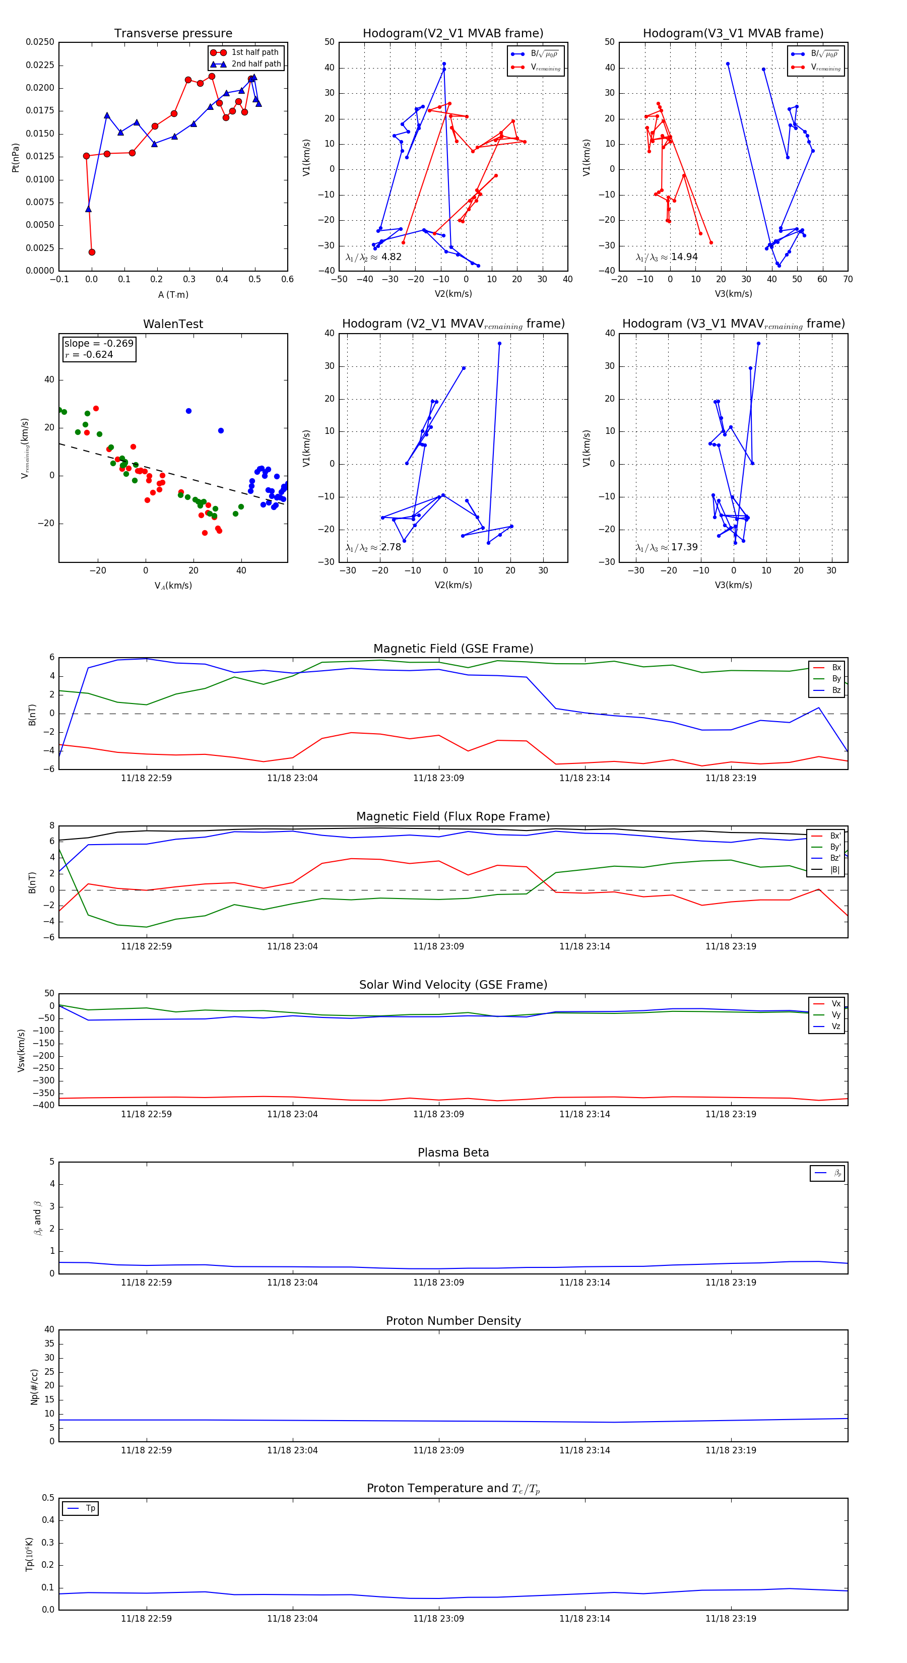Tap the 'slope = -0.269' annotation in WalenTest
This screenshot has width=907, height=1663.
99,344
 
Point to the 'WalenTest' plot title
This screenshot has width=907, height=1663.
173,324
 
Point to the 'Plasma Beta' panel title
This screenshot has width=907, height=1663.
453,1153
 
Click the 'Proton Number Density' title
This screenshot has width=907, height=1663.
453,1321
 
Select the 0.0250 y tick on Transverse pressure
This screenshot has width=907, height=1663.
40,42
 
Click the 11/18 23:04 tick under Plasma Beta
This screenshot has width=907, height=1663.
292,1282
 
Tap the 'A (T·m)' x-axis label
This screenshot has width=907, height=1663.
173,294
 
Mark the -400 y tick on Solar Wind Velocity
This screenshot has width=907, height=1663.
44,1105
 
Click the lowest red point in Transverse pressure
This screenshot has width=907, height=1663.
92,252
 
